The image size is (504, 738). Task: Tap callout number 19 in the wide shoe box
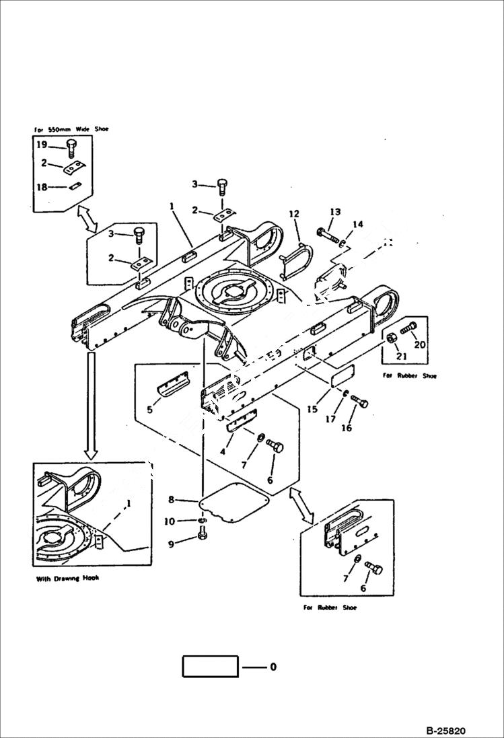coord(41,145)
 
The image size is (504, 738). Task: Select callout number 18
coord(41,188)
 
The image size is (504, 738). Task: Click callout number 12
coord(293,214)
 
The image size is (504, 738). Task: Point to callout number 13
coord(335,213)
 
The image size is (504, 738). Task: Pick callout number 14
coord(357,224)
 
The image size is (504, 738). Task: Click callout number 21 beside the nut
coord(401,355)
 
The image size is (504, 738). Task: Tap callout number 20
coord(420,344)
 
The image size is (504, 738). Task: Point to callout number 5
coord(149,408)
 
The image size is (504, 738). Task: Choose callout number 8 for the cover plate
coord(172,499)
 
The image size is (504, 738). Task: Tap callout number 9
coord(172,544)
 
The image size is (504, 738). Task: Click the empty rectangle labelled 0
coord(210,667)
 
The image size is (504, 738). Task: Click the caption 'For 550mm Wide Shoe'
coord(71,128)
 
